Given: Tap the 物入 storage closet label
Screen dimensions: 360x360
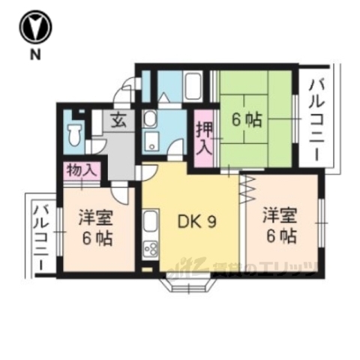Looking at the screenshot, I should tap(82, 170).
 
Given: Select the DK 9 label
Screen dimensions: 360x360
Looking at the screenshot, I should tap(196, 222).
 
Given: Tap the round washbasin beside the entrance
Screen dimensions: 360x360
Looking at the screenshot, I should tap(149, 118).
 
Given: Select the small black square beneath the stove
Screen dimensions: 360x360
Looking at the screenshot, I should tap(146, 265).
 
